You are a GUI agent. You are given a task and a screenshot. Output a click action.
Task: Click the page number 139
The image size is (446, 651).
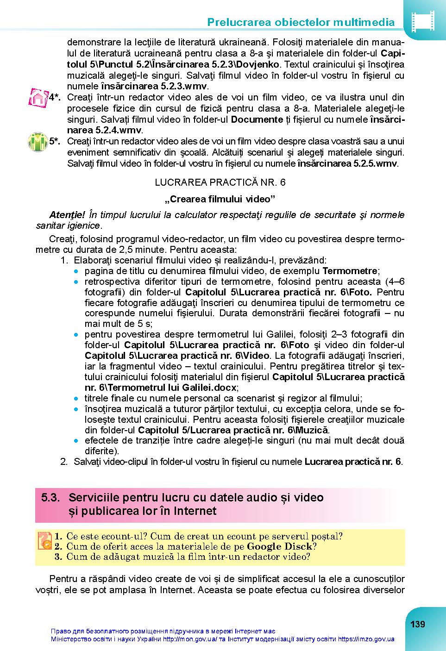pos(417,624)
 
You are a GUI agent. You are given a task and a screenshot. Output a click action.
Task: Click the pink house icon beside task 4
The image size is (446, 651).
pos(38,98)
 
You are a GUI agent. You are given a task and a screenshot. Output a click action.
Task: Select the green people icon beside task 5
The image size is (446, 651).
pos(38,142)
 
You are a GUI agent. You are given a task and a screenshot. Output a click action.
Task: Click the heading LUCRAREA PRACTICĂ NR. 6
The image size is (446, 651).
pos(220,182)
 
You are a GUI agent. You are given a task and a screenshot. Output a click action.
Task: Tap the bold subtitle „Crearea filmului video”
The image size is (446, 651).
pos(220,199)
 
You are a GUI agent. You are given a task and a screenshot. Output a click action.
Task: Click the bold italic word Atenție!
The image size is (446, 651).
pos(67,215)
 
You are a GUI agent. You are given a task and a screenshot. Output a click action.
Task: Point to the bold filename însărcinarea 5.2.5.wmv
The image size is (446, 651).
pos(347,163)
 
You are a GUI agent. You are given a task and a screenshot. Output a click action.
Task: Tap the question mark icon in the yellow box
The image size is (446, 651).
pos(44,540)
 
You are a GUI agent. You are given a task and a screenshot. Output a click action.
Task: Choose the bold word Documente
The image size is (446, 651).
pos(257,119)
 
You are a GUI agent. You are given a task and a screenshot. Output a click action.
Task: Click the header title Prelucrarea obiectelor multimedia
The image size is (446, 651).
pos(301,22)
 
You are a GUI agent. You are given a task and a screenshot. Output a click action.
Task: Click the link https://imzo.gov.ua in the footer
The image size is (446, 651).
pos(366,639)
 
